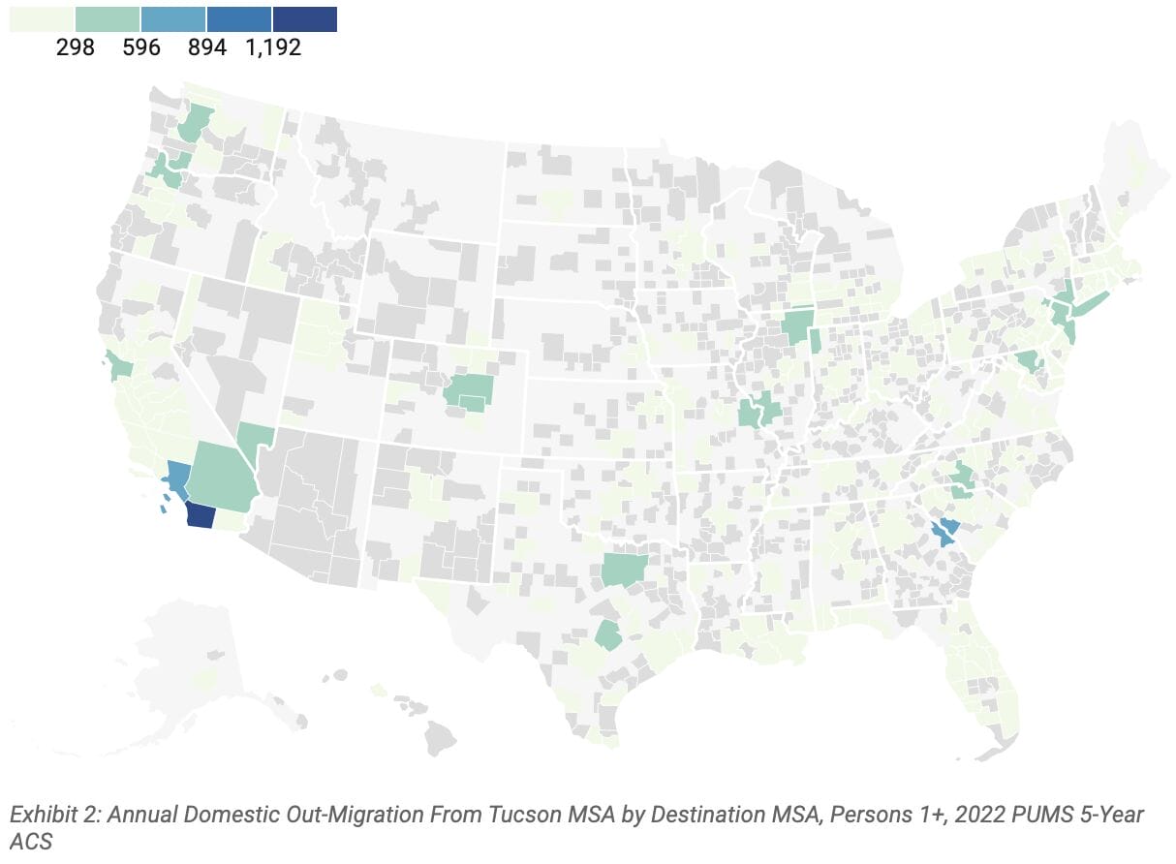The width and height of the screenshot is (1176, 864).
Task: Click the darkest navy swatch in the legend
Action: point(305,18)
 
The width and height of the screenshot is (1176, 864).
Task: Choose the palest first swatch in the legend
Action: point(42,18)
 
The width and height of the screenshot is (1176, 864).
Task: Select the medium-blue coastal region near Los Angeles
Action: point(177,478)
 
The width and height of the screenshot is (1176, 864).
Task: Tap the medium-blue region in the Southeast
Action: point(944,532)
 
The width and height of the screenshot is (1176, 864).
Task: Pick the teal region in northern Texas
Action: point(622,570)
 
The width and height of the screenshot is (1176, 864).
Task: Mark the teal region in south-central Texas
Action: point(608,635)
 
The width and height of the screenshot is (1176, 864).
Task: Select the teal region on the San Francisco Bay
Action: point(119,367)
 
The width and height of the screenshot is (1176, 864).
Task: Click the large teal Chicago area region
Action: point(797,327)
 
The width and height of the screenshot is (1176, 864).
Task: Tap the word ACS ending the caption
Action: point(31,842)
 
